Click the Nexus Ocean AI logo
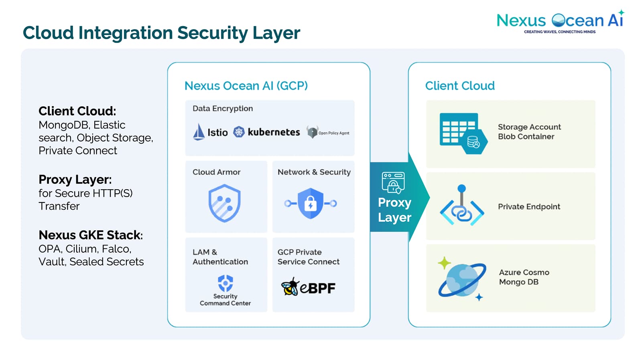pyautogui.click(x=560, y=20)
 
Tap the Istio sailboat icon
pyautogui.click(x=199, y=132)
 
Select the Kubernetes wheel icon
pyautogui.click(x=239, y=132)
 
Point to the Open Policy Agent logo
pyautogui.click(x=313, y=132)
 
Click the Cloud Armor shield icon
pyautogui.click(x=224, y=203)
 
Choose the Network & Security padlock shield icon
pyautogui.click(x=311, y=203)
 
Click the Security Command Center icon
pyautogui.click(x=225, y=283)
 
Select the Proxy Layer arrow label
pyautogui.click(x=394, y=209)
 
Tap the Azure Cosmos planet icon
pyautogui.click(x=462, y=279)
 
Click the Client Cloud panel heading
pyautogui.click(x=459, y=86)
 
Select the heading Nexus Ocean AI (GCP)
pyautogui.click(x=246, y=86)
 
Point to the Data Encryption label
pyautogui.click(x=223, y=108)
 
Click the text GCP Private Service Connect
pyautogui.click(x=308, y=257)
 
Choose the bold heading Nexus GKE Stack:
pyautogui.click(x=91, y=235)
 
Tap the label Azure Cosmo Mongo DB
pyautogui.click(x=524, y=277)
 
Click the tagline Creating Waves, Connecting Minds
pyautogui.click(x=559, y=32)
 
